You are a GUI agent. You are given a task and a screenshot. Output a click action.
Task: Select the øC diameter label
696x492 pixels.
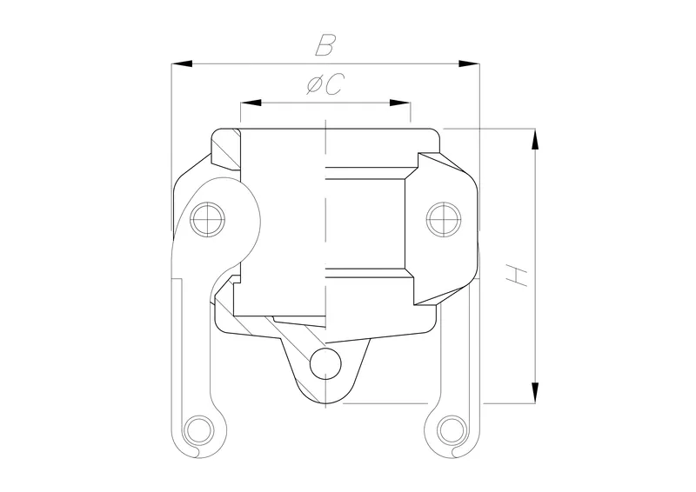325,85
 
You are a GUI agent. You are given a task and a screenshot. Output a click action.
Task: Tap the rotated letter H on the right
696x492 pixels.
519,277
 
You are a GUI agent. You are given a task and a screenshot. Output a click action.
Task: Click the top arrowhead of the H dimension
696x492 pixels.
535,139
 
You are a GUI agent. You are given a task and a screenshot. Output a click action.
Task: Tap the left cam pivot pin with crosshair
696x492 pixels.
209,218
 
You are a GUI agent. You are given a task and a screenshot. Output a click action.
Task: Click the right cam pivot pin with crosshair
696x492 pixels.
442,218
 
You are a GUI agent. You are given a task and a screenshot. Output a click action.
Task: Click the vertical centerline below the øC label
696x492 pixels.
325,217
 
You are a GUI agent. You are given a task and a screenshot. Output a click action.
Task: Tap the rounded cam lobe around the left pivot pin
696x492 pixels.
244,217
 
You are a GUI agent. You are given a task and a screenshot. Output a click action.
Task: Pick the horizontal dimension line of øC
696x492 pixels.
325,103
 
